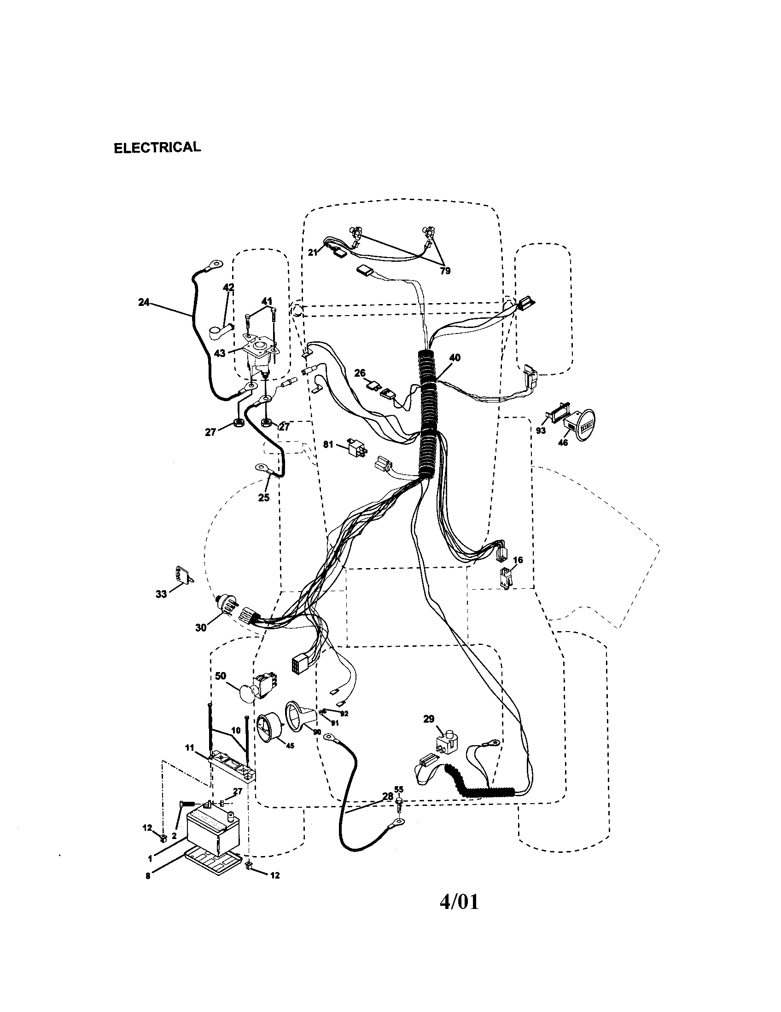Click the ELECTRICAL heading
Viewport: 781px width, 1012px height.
coord(157,148)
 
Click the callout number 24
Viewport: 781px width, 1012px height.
coord(144,302)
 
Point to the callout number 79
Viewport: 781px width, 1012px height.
coord(445,271)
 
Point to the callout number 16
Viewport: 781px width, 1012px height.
coord(518,560)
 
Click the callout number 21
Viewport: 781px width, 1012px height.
coord(313,252)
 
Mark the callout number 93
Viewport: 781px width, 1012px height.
coord(540,431)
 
